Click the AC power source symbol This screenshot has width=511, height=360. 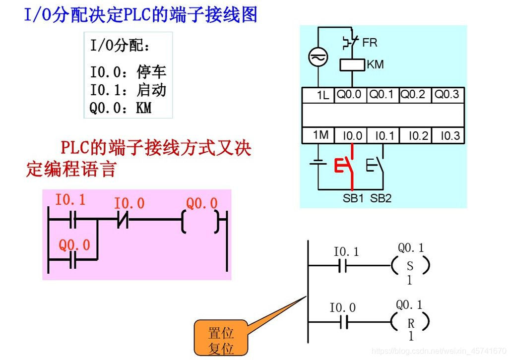[316, 58]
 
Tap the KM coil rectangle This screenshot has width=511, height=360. [352, 65]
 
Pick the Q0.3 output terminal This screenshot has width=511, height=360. [447, 95]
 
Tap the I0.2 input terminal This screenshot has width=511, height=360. [415, 136]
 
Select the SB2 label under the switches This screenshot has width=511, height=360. [381, 198]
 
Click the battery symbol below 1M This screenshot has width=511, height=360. [317, 163]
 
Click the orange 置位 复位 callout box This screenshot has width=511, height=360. [221, 340]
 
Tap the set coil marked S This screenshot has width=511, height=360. [410, 266]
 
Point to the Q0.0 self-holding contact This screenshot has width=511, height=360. [73, 259]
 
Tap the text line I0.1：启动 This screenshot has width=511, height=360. [128, 90]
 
